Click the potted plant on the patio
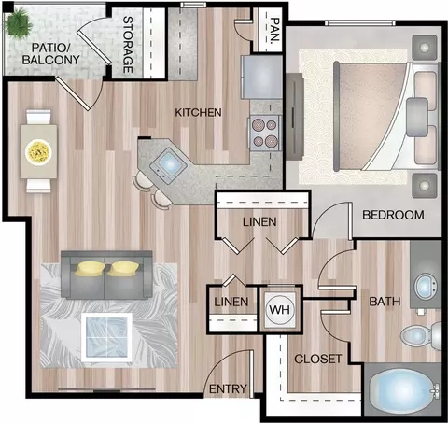(18, 22)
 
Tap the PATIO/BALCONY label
(51, 54)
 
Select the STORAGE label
(128, 45)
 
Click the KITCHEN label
(198, 112)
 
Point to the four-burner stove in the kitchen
(265, 133)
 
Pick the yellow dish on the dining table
(38, 151)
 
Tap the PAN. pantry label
(274, 30)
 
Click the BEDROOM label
(393, 215)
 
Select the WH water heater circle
(279, 310)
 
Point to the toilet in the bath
(421, 335)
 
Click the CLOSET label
(317, 360)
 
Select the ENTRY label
(228, 389)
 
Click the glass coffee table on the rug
(106, 337)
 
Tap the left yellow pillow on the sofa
(90, 269)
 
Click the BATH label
(385, 302)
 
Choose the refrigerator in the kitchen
(261, 77)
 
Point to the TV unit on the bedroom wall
(295, 117)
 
